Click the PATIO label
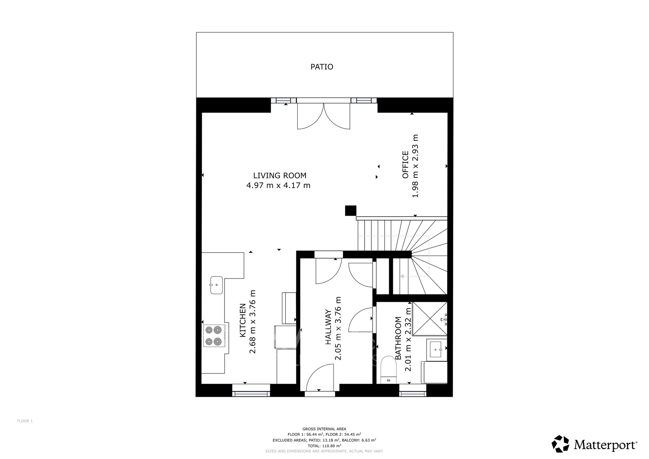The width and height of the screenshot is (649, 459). (x=322, y=67)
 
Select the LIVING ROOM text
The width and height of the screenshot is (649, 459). (x=280, y=175)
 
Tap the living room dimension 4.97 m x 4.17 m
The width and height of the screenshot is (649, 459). (x=278, y=185)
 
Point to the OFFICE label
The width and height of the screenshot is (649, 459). (x=405, y=165)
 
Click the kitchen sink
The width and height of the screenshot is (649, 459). (x=216, y=285)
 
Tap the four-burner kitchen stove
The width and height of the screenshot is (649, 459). (x=214, y=336)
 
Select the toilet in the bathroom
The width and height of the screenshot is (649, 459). (x=388, y=370)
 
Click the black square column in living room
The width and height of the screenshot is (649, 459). (x=351, y=211)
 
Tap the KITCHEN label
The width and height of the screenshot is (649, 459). (x=242, y=320)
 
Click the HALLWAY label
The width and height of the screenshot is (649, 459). (x=328, y=327)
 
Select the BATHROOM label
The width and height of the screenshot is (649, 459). (x=398, y=338)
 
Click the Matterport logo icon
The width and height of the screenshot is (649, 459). (x=561, y=444)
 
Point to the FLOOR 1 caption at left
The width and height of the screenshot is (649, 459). (x=25, y=421)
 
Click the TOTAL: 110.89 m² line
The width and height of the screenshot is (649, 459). (x=324, y=446)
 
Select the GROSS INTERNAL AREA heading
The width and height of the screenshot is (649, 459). (x=324, y=429)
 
